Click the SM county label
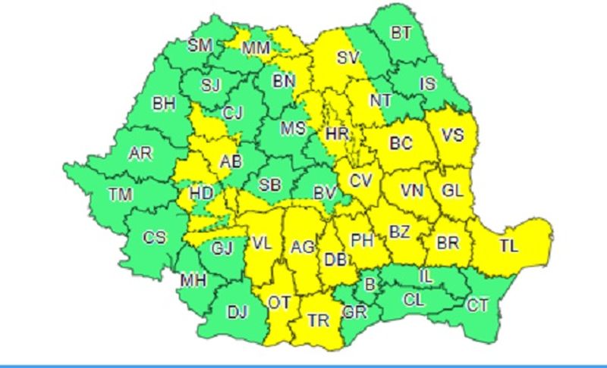coord(200,45)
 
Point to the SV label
coord(348,57)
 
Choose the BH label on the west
coord(163,104)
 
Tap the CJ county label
coord(232,114)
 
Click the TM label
coord(120,195)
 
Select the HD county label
coord(202,193)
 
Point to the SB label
coord(270,186)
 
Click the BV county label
coord(326,193)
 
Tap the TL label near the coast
coord(509,245)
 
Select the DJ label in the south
coord(237,310)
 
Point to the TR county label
coord(319,321)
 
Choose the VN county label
coord(413,190)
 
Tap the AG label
coord(302,247)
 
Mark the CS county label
coord(154,238)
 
